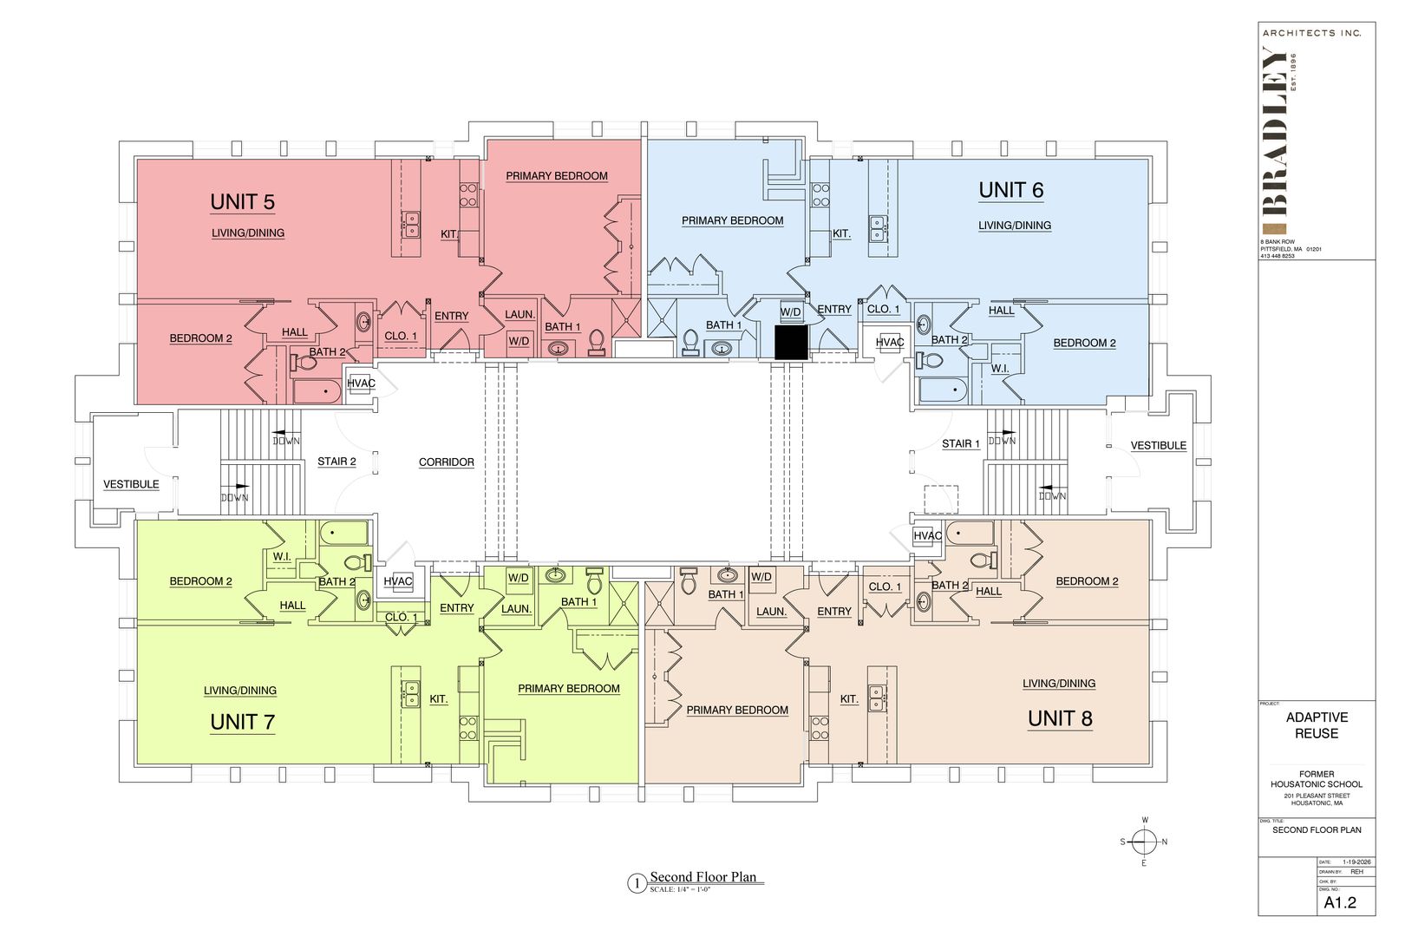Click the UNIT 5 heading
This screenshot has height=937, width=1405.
click(x=242, y=202)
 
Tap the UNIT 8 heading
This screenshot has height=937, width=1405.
click(x=1060, y=718)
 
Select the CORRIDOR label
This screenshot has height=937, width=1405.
click(x=446, y=462)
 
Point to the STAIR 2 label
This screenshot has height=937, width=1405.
click(x=337, y=462)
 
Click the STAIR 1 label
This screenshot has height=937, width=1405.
click(x=961, y=443)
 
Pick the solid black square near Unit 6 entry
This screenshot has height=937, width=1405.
click(x=791, y=342)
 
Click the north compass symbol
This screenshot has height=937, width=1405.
click(x=1145, y=841)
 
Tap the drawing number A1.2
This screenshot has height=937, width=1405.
click(x=1339, y=902)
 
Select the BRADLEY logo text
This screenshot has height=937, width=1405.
click(x=1276, y=130)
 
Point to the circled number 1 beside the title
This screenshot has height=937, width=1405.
click(x=637, y=884)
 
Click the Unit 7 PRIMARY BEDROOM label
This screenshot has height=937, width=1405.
click(x=569, y=689)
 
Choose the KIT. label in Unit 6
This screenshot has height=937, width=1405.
click(x=841, y=233)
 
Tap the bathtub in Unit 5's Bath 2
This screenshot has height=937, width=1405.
click(x=317, y=391)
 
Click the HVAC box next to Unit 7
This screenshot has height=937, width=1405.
click(x=398, y=581)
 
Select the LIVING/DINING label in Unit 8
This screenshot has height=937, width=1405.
click(x=1058, y=684)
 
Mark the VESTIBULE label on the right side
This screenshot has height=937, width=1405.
click(x=1158, y=446)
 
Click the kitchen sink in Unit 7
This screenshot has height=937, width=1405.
click(x=409, y=691)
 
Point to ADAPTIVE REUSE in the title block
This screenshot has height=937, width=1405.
click(x=1317, y=725)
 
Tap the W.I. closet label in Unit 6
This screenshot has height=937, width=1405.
click(x=1000, y=369)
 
